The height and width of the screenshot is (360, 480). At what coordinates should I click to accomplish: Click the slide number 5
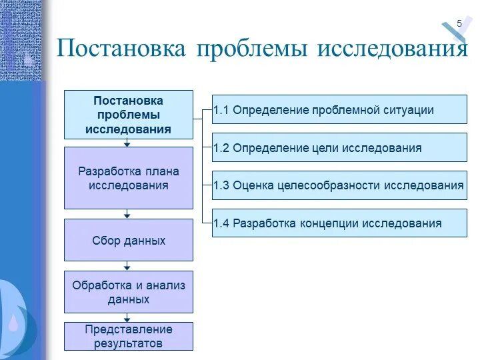pos(459,24)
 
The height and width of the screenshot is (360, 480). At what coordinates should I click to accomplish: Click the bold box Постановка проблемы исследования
pos(129,115)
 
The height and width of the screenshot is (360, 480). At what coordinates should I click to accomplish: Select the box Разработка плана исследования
pos(129,178)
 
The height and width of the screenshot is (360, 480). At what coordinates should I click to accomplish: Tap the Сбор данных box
pos(129,240)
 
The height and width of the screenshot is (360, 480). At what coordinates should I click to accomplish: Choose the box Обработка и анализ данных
pos(129,292)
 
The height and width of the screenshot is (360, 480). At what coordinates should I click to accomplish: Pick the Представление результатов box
pos(129,337)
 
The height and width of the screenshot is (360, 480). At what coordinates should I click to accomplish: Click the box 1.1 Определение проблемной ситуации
pos(339,109)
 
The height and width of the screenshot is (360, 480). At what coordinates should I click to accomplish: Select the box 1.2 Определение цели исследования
pos(339,147)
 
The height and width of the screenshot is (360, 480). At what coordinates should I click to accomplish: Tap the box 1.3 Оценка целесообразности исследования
pos(339,185)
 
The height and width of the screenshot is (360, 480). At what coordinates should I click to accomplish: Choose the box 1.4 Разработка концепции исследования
pos(339,223)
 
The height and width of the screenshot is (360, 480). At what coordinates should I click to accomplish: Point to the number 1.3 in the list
pos(222,185)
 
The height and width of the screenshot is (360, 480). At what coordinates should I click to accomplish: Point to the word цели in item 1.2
pos(327,148)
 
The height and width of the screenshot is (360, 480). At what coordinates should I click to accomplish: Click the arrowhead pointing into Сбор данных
pos(127,215)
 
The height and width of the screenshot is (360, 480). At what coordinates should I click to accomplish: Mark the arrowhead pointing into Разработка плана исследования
pos(127,143)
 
